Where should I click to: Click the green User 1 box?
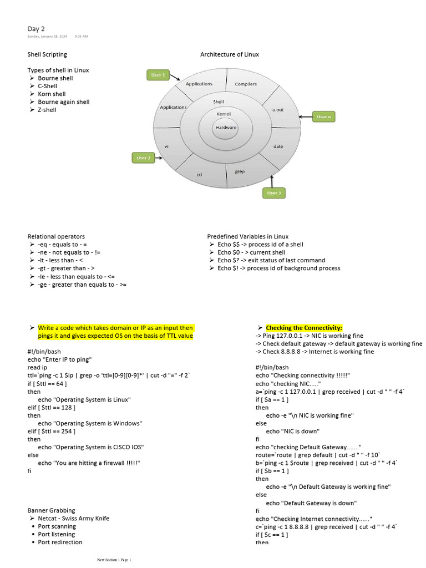pos(158,75)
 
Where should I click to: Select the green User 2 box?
pos(143,158)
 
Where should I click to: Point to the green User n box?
pos(323,117)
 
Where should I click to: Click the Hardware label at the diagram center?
pos(226,128)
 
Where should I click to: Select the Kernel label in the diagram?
pos(224,114)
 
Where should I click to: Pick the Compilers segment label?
pos(246,84)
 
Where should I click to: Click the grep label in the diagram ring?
pos(240,172)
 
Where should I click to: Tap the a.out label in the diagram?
pos(278,110)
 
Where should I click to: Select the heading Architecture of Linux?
pos(229,54)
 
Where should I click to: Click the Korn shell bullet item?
pos(52,94)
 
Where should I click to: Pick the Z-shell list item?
pos(47,110)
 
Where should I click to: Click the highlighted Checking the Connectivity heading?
pos(304,328)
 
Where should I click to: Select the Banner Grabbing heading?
pos(51,510)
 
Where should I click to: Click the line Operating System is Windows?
pos(90,423)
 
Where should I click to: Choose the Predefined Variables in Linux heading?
pos(248,236)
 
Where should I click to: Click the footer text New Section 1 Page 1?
pos(114,560)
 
